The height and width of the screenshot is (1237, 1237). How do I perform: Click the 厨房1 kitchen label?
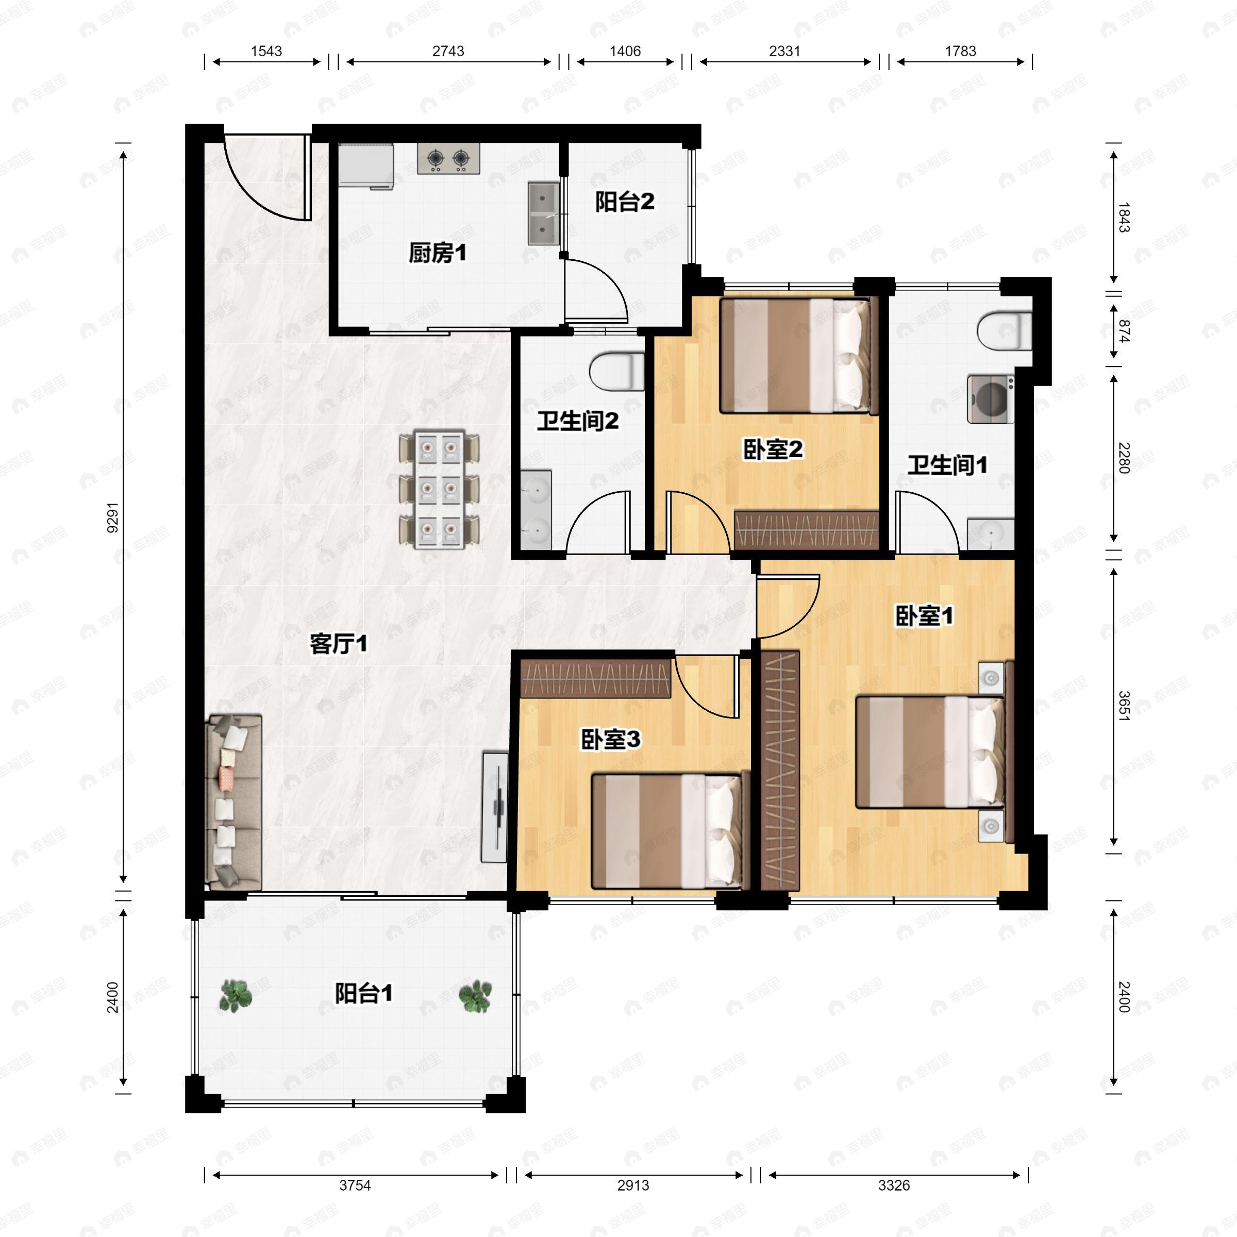tap(437, 253)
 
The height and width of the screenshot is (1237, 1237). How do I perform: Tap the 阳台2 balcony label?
tap(624, 202)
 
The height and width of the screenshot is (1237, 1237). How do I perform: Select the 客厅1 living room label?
tap(339, 643)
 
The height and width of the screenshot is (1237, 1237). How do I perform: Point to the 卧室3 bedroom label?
tap(610, 740)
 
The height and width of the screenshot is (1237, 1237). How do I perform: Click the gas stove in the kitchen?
tap(448, 158)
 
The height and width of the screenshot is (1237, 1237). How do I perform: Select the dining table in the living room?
tap(439, 489)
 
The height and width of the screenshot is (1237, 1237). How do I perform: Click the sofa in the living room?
tap(233, 803)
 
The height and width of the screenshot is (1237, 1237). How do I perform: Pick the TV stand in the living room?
tap(494, 807)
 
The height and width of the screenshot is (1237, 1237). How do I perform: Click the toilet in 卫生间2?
tap(616, 371)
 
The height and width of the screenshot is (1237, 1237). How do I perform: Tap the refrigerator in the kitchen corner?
tap(365, 167)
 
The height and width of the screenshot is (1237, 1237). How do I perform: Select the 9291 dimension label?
tap(113, 518)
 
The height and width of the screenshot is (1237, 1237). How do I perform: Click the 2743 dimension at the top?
tap(448, 51)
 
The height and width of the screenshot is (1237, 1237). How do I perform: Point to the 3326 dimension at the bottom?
tap(894, 1185)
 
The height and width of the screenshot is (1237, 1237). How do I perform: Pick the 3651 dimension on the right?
tap(1124, 706)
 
